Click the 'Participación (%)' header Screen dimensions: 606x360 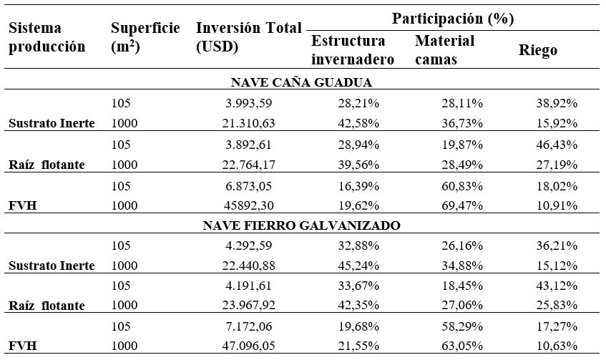[453, 18]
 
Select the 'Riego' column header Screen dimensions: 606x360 [537, 50]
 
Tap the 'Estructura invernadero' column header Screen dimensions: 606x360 [353, 50]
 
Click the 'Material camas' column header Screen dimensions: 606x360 [444, 50]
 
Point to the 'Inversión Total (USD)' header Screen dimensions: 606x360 [248, 37]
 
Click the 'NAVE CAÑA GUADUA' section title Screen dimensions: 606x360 [301, 82]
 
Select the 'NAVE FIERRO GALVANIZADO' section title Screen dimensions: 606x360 [301, 225]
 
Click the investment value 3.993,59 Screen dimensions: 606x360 [248, 103]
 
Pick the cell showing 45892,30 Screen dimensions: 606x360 [248, 205]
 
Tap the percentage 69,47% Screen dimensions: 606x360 [462, 205]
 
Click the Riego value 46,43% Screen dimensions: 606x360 [557, 145]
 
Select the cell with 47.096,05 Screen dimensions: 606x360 [248, 345]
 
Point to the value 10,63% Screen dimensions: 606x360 [557, 345]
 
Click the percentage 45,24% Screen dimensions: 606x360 [358, 266]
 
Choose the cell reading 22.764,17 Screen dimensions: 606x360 [248, 165]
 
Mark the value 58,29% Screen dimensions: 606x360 [462, 326]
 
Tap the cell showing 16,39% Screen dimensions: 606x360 [358, 186]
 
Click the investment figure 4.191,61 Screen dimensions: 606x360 [248, 286]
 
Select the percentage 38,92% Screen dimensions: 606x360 [557, 103]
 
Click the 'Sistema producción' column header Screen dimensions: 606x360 [47, 37]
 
